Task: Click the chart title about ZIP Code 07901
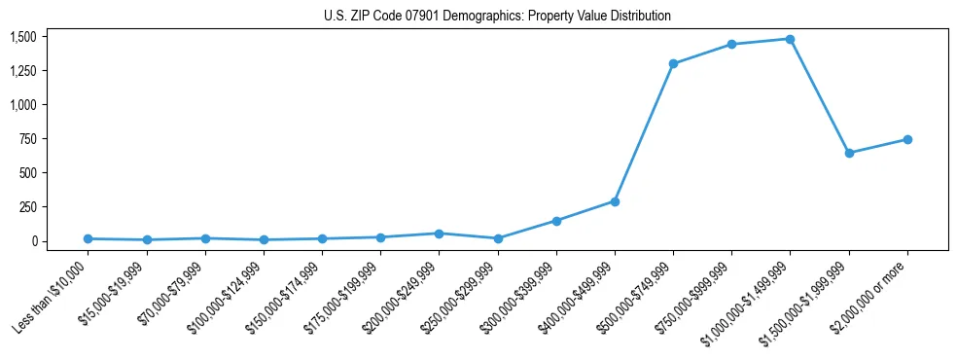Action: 497,17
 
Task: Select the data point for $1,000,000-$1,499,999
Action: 790,39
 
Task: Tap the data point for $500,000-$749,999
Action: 673,63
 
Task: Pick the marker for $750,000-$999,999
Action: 731,45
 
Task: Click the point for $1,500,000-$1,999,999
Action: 849,153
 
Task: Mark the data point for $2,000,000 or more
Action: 907,139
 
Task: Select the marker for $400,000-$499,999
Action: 615,201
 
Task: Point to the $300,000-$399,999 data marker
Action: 556,221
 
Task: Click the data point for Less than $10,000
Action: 88,238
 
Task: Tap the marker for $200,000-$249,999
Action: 439,234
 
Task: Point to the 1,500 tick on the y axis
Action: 23,37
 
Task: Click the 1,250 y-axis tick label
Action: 23,71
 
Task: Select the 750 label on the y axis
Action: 28,139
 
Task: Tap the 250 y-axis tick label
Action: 28,207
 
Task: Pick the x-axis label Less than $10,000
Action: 52,296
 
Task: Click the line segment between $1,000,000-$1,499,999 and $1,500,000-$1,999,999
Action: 820,96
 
